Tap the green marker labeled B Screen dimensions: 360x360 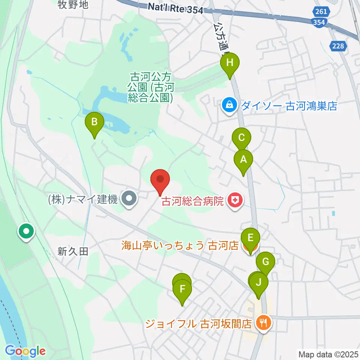[94, 122]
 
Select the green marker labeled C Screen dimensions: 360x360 [241, 138]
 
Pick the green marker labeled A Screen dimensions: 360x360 [243, 160]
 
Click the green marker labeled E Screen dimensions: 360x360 [250, 238]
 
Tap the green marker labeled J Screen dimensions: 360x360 [259, 282]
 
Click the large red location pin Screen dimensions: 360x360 [160, 179]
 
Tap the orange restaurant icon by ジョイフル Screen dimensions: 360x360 [263, 323]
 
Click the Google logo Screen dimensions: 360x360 [25, 351]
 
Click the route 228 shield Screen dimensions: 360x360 [339, 45]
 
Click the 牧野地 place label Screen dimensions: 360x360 [73, 4]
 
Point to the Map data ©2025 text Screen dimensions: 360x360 [328, 354]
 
